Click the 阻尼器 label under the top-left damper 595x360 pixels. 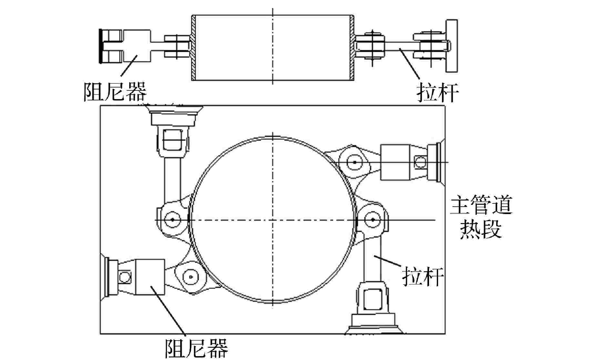pos(115,92)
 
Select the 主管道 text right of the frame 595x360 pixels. pos(481,206)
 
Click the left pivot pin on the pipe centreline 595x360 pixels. pos(172,220)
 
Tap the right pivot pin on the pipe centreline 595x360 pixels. pos(373,220)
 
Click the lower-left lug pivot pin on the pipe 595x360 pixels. pos(191,277)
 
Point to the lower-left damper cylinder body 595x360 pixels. pos(150,277)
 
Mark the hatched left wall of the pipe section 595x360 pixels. pos(193,47)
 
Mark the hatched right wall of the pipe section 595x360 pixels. pos(352,47)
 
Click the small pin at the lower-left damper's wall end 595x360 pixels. pos(124,277)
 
